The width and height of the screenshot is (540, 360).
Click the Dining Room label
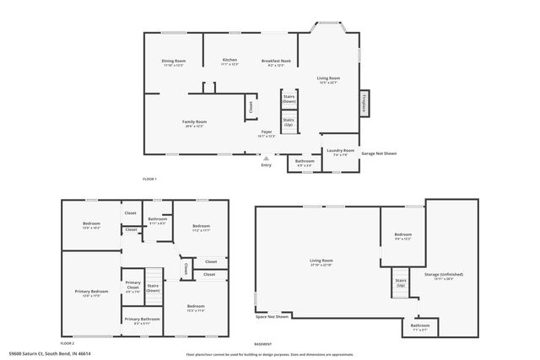(x=174, y=62)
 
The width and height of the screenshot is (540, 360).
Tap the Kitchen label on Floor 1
(x=229, y=62)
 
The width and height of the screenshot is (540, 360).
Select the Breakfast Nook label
(x=275, y=62)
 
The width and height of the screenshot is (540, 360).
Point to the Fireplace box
(x=364, y=102)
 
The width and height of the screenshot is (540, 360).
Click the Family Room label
(x=195, y=123)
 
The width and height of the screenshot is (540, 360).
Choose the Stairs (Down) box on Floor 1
(x=289, y=99)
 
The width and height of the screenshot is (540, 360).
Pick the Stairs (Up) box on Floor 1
(x=289, y=122)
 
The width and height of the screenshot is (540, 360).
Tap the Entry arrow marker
(x=267, y=158)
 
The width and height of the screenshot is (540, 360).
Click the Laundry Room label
(x=340, y=152)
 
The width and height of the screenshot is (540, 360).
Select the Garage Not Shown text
(x=379, y=153)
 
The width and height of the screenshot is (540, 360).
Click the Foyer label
(x=266, y=133)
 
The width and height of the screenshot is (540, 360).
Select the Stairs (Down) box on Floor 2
(x=153, y=287)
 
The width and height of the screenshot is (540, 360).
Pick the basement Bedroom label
(x=402, y=236)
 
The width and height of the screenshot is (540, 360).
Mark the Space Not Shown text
(x=273, y=317)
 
